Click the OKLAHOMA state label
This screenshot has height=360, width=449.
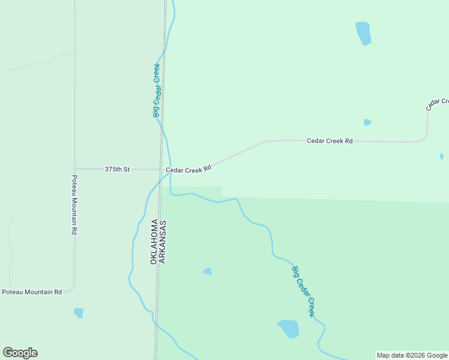click(154, 242)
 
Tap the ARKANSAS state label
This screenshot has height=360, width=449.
click(163, 242)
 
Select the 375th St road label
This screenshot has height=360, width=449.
click(117, 170)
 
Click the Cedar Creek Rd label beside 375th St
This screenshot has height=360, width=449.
click(189, 170)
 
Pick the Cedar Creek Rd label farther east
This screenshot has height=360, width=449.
click(330, 141)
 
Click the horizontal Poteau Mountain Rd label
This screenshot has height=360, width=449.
click(32, 292)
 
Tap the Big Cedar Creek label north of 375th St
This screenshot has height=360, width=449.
click(157, 90)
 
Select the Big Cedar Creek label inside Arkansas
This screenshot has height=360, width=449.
click(304, 292)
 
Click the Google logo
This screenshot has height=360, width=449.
click(20, 353)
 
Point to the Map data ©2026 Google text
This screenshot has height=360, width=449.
click(412, 355)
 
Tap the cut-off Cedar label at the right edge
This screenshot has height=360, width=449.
click(437, 104)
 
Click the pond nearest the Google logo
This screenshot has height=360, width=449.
click(79, 313)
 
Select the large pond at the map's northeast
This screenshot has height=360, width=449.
click(363, 33)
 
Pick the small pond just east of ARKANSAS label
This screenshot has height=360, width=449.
click(208, 271)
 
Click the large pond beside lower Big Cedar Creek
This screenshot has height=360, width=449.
click(289, 328)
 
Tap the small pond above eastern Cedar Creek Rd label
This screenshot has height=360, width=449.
click(367, 122)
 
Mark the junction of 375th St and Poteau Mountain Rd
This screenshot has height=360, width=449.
click(75, 169)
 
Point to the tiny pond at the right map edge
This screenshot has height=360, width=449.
click(441, 157)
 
